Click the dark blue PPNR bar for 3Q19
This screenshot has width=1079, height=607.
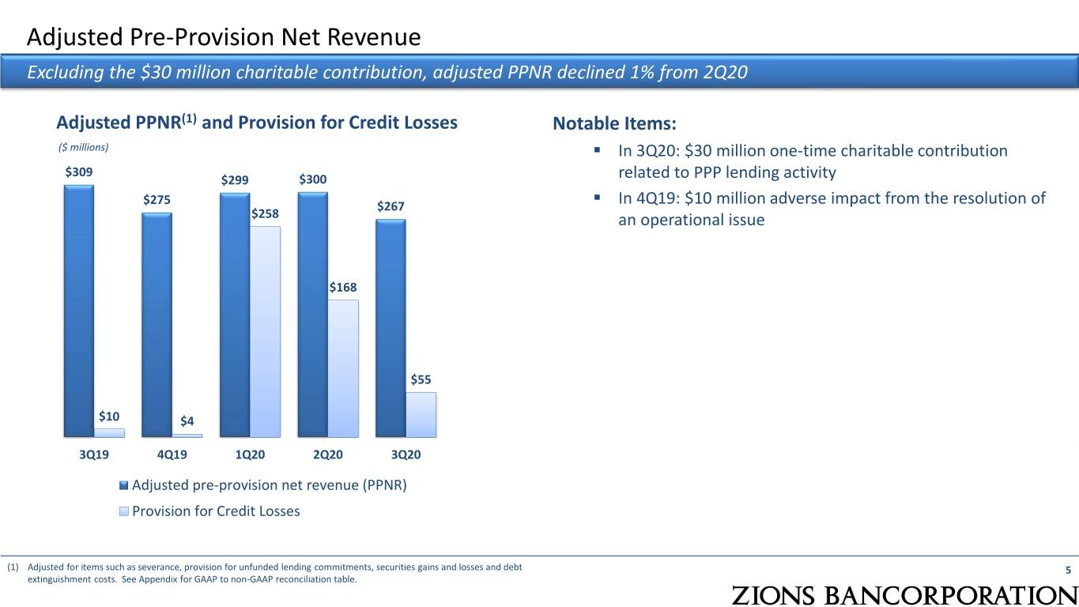79,311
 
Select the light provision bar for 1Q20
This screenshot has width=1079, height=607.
265,332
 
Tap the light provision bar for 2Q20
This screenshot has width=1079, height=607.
343,368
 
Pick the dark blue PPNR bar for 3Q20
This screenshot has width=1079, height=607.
390,329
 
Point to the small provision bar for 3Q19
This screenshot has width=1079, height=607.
109,433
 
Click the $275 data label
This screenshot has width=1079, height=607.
157,199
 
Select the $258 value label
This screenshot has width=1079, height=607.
265,213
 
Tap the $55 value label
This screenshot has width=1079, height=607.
421,379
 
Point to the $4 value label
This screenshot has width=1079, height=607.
187,421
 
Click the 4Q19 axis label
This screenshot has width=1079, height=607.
172,454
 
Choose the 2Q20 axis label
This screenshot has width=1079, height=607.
328,454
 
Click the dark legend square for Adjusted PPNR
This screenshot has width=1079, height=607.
124,485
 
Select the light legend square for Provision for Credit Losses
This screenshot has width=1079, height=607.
124,511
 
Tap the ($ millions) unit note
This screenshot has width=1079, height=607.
83,148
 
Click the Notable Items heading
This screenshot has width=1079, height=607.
614,123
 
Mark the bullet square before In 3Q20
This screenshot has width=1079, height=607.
598,150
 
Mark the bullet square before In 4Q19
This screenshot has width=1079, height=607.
598,197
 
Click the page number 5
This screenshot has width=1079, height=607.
1068,571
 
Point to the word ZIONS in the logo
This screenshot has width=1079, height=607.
773,595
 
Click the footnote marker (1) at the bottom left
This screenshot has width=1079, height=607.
13,567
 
